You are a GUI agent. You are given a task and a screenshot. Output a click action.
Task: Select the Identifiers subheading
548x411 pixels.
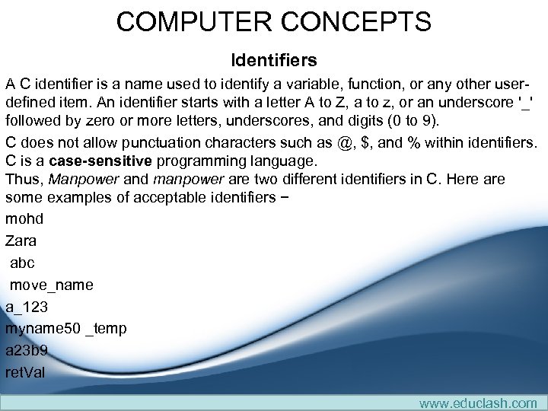point(274,59)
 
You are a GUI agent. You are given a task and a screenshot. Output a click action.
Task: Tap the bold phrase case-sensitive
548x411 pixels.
point(100,161)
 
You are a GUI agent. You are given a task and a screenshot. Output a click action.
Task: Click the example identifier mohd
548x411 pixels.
point(24,218)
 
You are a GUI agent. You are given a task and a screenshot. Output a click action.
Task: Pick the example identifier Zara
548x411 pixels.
point(21,241)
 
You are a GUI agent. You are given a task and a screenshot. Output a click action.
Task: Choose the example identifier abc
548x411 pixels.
point(23,263)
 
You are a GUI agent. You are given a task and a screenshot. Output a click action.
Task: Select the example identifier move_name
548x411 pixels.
point(52,285)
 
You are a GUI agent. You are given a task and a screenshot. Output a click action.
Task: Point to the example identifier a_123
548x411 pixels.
point(27,307)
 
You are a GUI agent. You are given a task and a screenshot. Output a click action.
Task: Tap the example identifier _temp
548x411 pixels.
point(107,329)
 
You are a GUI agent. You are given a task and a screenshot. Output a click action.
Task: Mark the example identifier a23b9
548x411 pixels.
point(27,351)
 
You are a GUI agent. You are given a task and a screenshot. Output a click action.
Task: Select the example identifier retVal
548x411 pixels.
point(25,373)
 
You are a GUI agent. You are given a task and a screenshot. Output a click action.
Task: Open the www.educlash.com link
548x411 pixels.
point(477,403)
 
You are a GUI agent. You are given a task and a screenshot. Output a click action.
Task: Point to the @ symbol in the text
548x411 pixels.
point(346,142)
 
